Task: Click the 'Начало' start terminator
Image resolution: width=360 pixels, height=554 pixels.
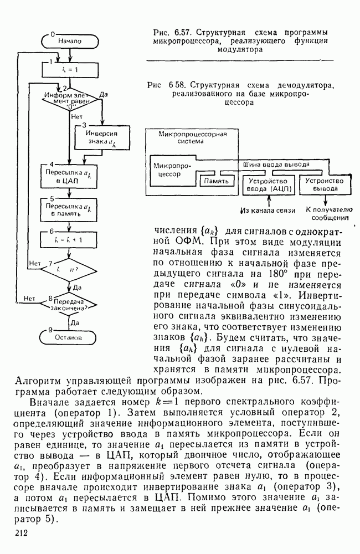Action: (69, 40)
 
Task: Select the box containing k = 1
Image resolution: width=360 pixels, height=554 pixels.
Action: (69, 70)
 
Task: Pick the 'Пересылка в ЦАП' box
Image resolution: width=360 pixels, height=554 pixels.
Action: (69, 176)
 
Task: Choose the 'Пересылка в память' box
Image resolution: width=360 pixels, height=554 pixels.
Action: (69, 209)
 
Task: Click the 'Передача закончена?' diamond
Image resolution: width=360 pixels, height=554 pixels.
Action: (69, 304)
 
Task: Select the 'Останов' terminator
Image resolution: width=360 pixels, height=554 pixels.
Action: (69, 336)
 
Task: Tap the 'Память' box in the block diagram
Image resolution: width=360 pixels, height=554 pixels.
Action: (217, 181)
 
